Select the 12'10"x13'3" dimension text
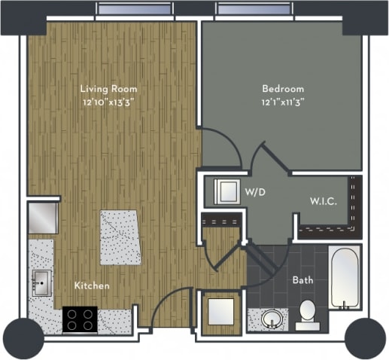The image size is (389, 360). pos(109,102)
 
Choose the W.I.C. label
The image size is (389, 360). pos(324,201)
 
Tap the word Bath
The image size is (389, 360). pos(302,280)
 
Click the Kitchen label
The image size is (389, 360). pos(92,285)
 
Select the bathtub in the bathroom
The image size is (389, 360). pos(345,278)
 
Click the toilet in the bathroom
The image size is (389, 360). pos(307,315)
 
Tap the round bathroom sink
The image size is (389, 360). pos(272,319)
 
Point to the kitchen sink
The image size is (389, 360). pos(41,283)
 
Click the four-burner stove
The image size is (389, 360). pos(80,319)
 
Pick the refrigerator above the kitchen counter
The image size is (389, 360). pos(43,217)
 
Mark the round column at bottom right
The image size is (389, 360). pos(364,337)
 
